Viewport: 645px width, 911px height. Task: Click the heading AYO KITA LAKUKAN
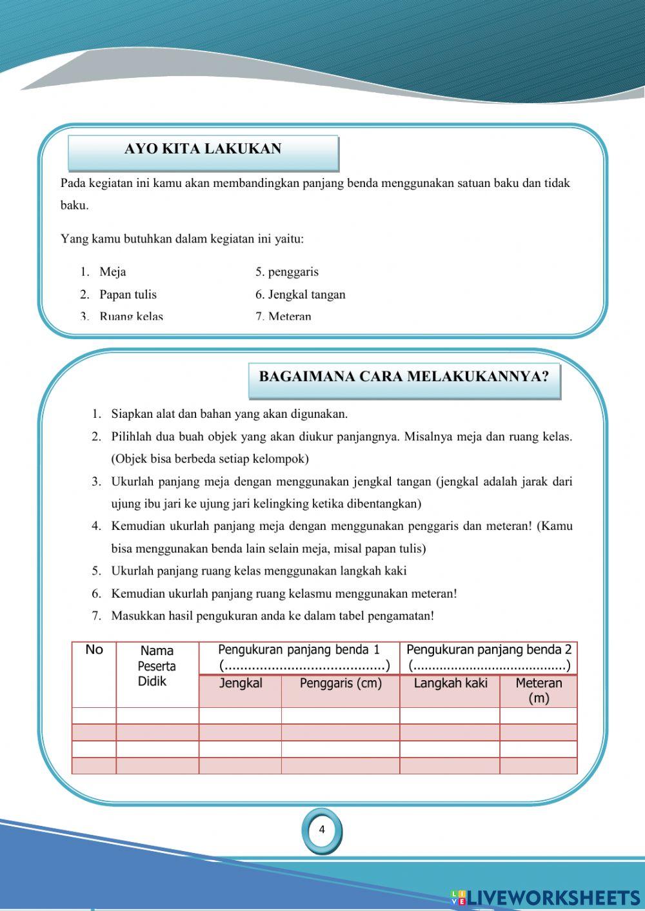(x=203, y=149)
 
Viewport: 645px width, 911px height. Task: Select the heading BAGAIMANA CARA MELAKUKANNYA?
(x=404, y=377)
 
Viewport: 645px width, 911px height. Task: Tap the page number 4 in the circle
(x=322, y=830)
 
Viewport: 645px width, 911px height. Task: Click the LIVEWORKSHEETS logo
(x=546, y=897)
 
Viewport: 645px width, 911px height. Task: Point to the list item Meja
(x=113, y=272)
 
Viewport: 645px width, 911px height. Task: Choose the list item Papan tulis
(x=128, y=295)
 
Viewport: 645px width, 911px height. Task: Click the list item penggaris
(x=293, y=272)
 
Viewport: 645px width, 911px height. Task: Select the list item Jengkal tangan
(x=306, y=295)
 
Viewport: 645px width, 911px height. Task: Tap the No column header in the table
(x=94, y=650)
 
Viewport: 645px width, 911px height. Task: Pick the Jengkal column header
(x=241, y=683)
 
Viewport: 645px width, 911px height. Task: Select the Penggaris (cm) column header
(x=341, y=683)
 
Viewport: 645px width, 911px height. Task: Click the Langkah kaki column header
(x=450, y=683)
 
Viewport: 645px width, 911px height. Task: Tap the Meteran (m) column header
(x=539, y=690)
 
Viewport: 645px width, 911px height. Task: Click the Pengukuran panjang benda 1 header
(x=299, y=650)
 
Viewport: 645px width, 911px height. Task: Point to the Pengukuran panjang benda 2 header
(x=489, y=650)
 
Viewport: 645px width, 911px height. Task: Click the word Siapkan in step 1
(x=132, y=414)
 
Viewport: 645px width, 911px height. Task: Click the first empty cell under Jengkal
(x=240, y=716)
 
